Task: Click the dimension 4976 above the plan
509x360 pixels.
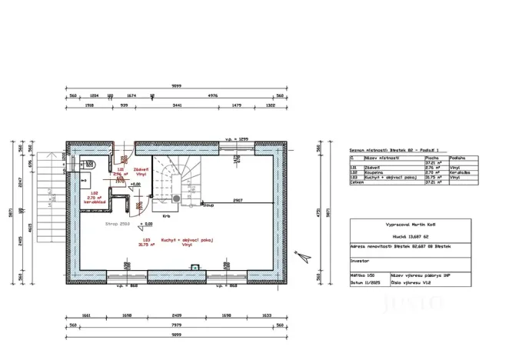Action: click(213, 95)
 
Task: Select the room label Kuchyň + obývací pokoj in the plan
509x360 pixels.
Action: click(177, 240)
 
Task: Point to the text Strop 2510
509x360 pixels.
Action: click(118, 224)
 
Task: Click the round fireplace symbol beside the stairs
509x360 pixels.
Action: click(178, 198)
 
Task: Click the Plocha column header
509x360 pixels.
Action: click(433, 157)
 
